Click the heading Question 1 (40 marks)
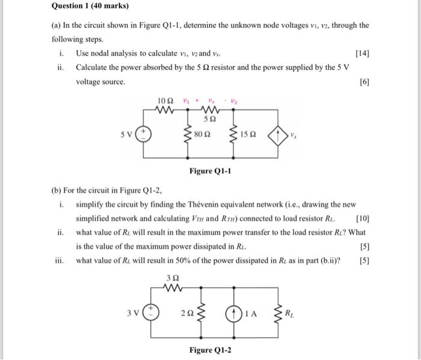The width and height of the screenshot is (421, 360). coord(90,7)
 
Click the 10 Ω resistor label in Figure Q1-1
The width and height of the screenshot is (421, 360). coord(164,99)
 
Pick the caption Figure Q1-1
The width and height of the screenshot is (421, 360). coord(210,171)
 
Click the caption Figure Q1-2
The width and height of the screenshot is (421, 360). coord(210,350)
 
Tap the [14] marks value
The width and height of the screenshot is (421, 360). coord(363,54)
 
